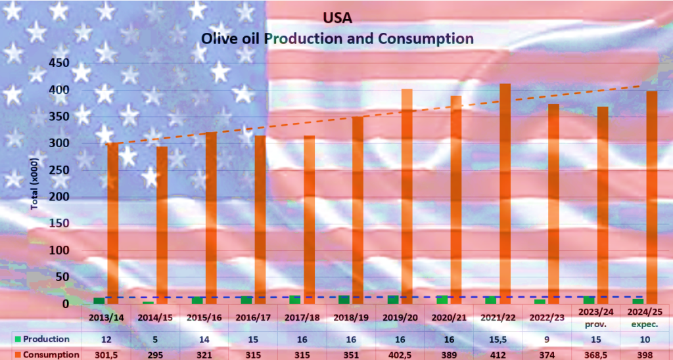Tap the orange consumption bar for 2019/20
(x=407, y=197)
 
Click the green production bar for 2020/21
(x=442, y=300)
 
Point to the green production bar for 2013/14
(x=99, y=301)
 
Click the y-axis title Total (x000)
(x=35, y=183)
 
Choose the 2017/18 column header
(x=302, y=317)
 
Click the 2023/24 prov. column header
(x=597, y=317)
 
